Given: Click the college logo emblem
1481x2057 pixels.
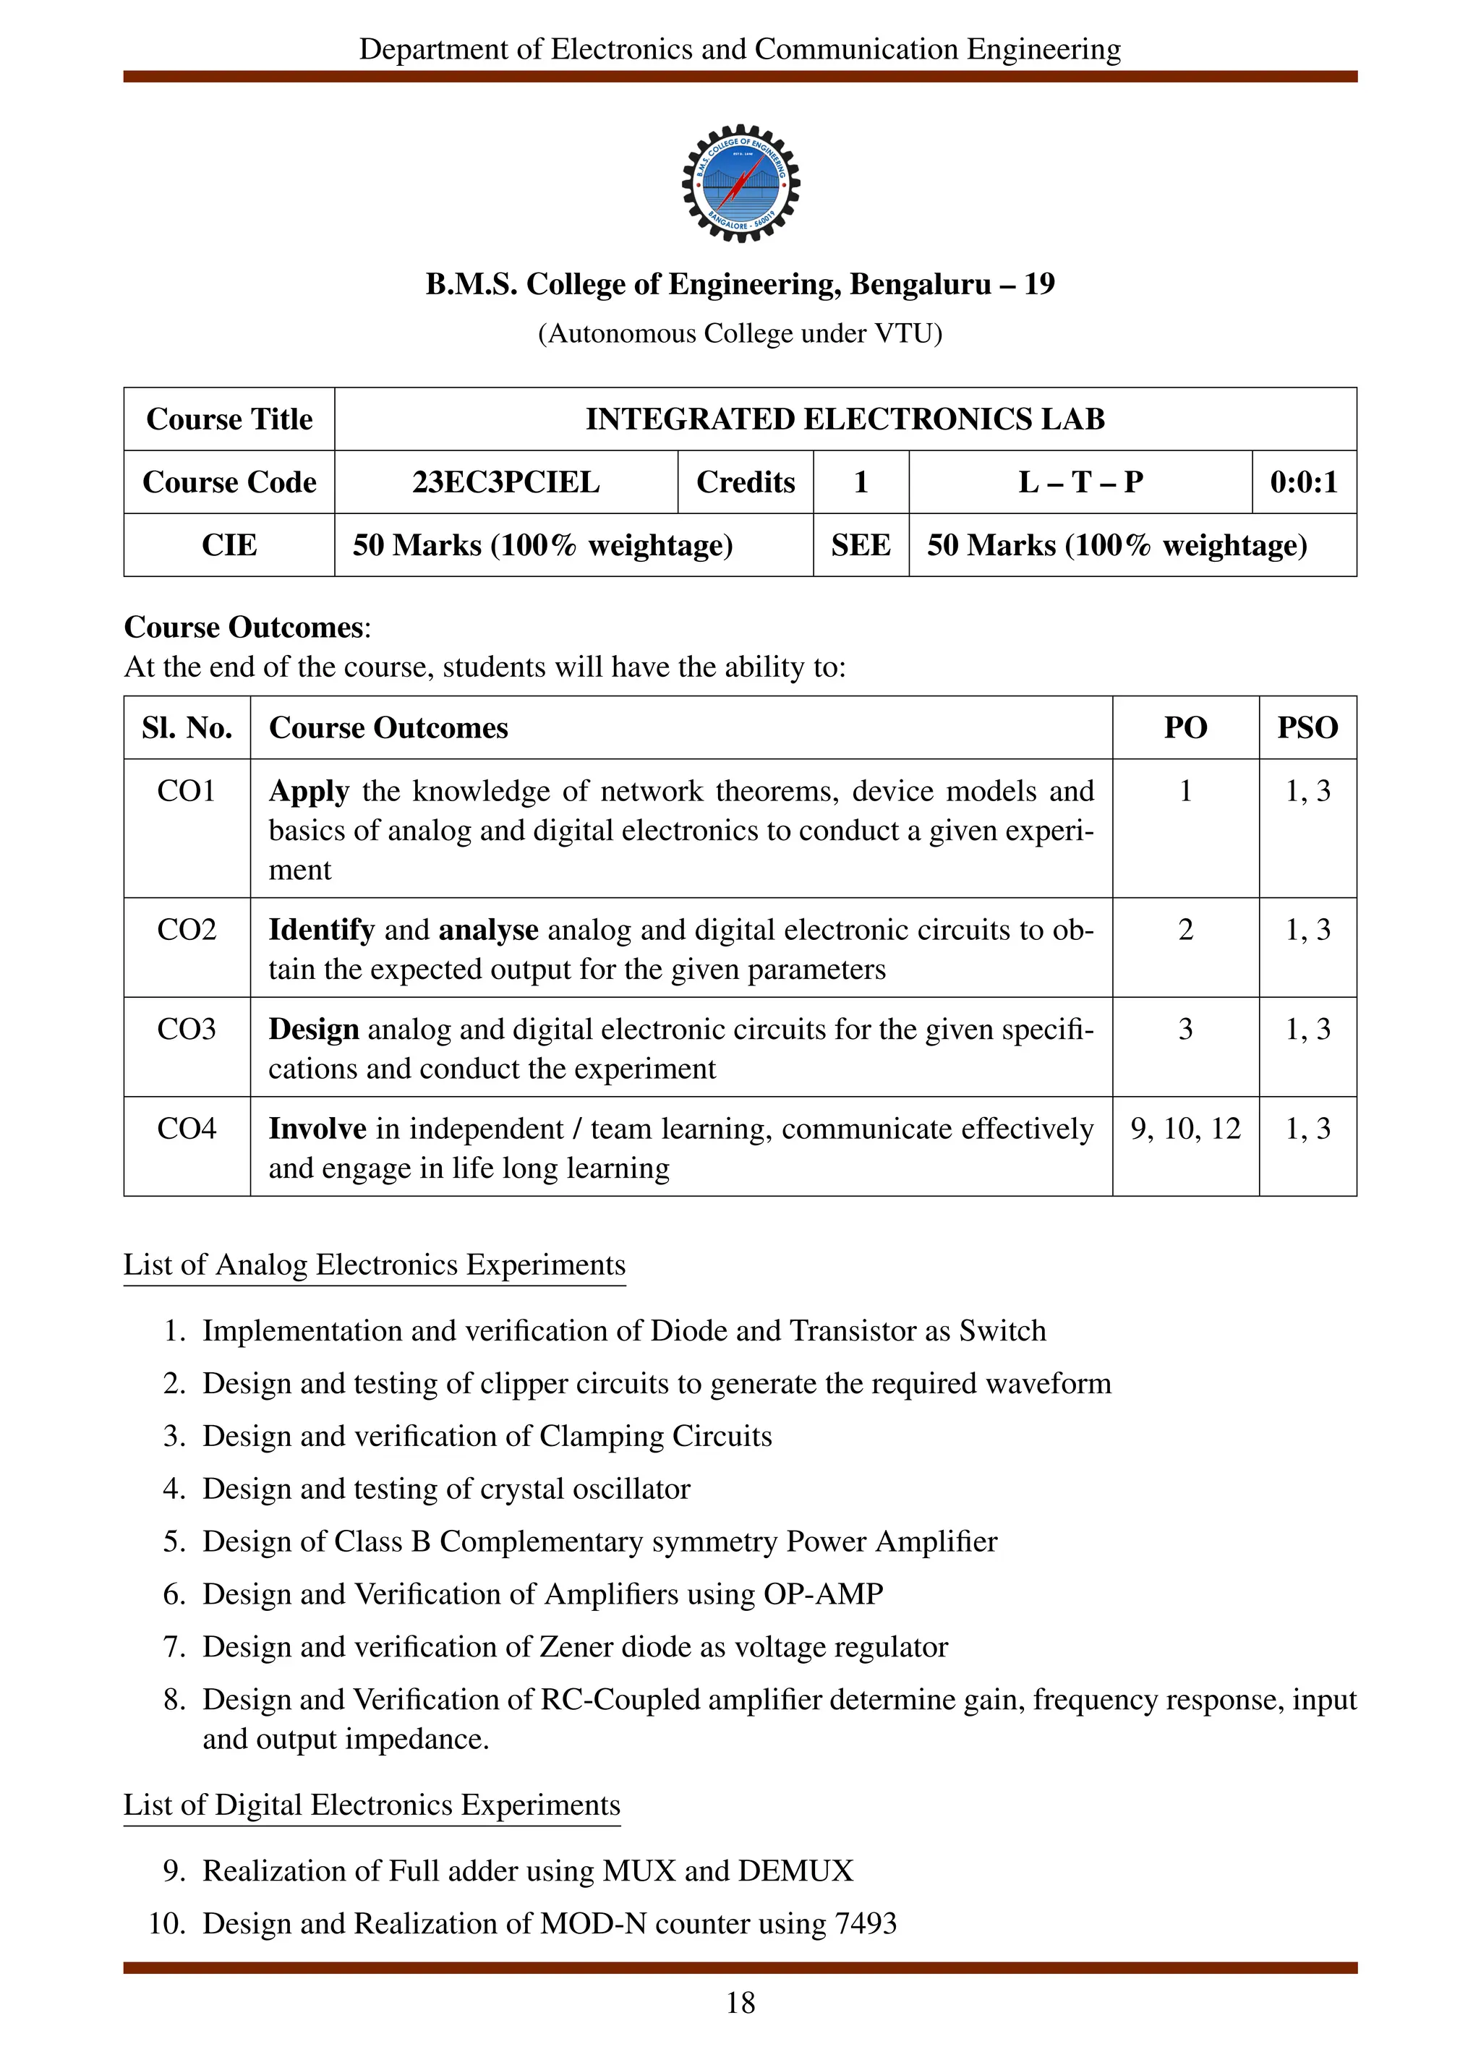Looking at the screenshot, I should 740,183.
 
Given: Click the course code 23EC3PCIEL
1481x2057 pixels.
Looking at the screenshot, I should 505,482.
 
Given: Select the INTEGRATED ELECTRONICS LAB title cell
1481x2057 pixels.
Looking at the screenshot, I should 845,419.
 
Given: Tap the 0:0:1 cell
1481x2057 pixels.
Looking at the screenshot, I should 1303,482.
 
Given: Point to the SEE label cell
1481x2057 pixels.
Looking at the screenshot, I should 860,545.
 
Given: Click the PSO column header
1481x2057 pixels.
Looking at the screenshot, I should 1307,727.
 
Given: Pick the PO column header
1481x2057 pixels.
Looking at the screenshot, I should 1185,727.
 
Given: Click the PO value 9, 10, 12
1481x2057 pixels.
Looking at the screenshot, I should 1185,1128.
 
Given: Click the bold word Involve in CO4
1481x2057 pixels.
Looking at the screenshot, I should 317,1128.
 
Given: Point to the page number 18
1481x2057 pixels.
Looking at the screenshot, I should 740,2003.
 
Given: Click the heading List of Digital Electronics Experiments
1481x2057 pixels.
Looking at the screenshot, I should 372,1805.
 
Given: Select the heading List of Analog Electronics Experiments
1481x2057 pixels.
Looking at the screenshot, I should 375,1265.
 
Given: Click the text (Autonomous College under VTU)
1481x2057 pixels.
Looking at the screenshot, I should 740,334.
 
